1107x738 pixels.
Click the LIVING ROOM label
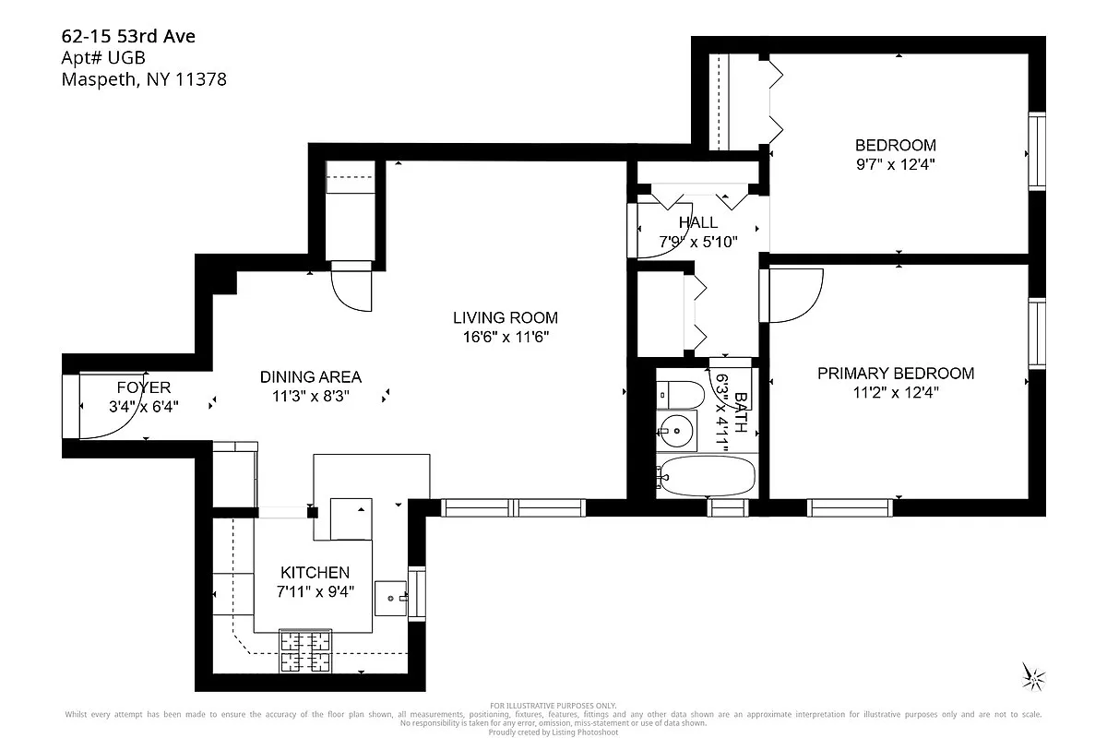pos(505,318)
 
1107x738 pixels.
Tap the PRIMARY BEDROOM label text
pos(895,374)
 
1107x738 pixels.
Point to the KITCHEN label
pos(315,573)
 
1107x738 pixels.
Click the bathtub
pos(706,476)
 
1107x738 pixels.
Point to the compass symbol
pos(1034,677)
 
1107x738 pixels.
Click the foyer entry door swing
pos(106,406)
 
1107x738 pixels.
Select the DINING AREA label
pos(310,377)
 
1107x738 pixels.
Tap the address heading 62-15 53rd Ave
pos(128,37)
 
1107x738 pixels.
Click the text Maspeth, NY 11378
pos(143,79)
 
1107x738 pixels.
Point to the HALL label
pos(697,222)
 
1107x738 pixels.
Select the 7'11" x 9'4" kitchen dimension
pos(315,591)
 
